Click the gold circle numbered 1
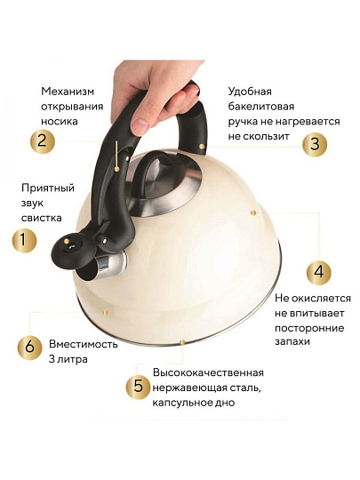24,241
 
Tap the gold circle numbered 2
43,141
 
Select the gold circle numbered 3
315,144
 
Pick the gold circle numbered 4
319,272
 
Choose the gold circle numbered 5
139,387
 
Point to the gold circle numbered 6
29,348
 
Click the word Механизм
68,92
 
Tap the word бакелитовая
260,107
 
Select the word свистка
41,218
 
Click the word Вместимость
84,344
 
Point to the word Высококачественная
208,372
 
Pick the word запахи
292,342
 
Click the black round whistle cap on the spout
68,250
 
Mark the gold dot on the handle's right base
202,147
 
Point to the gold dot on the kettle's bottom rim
182,342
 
